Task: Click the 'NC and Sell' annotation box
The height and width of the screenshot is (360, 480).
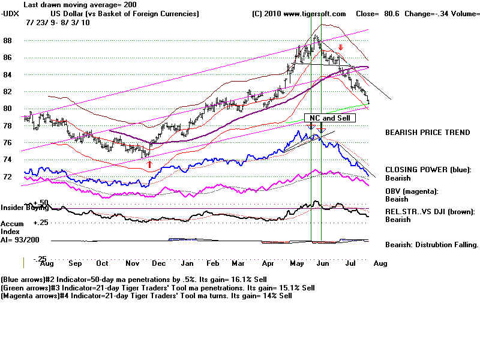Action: pos(330,119)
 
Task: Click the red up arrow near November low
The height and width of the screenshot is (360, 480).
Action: pos(149,164)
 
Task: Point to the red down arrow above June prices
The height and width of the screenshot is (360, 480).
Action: pos(340,47)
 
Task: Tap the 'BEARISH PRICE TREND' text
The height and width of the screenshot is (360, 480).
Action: pos(427,133)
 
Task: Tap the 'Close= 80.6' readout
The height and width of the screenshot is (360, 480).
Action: pos(373,13)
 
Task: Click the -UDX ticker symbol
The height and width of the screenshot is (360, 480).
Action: pos(11,13)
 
